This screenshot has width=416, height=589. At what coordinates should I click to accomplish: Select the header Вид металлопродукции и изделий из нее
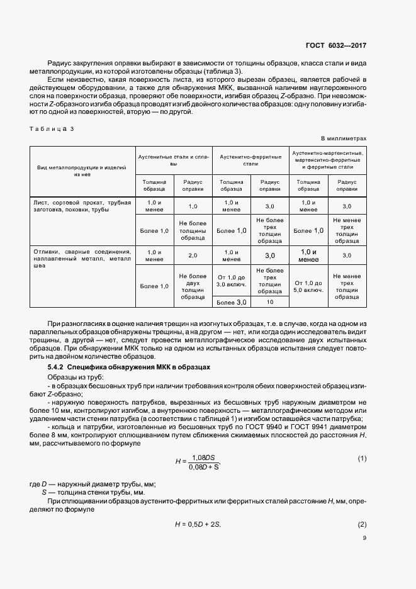pos(82,172)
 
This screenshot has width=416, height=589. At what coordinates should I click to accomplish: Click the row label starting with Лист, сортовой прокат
pos(82,206)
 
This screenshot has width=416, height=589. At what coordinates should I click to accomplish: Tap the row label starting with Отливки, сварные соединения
pos(82,259)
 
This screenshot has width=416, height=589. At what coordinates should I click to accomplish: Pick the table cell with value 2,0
pos(193,255)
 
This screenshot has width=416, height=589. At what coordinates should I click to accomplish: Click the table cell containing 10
pos(270,302)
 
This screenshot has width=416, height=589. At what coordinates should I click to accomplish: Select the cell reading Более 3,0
pos(232,303)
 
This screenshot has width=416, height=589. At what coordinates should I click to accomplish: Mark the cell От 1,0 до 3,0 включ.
pos(232,281)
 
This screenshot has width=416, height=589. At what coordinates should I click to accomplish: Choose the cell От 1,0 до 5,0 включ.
pos(308,287)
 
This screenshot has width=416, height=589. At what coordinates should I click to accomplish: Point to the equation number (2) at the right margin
pos(362,524)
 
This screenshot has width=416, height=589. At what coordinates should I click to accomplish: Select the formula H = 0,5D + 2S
pos(201,524)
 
